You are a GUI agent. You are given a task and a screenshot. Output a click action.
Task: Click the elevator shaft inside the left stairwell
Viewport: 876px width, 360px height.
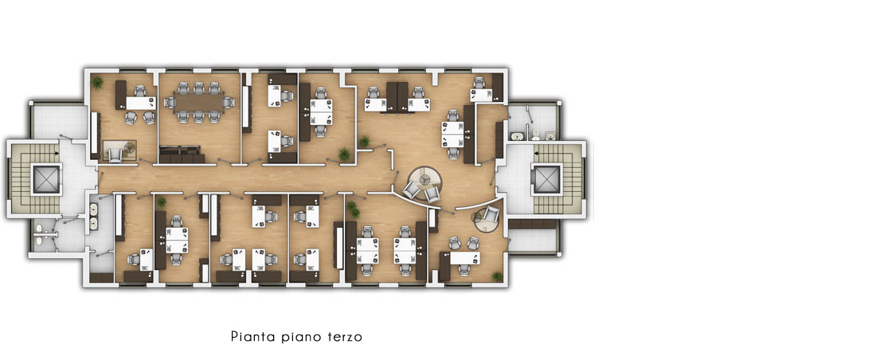pyautogui.click(x=46, y=179)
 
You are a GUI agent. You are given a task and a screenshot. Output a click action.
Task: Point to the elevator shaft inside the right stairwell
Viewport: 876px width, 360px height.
pyautogui.click(x=546, y=179)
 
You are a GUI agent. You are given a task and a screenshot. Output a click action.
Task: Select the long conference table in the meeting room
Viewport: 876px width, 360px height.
pyautogui.click(x=198, y=102)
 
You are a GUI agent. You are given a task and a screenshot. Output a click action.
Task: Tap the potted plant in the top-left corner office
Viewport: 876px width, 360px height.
pyautogui.click(x=98, y=83)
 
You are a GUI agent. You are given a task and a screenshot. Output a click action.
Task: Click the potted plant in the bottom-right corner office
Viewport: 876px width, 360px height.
pyautogui.click(x=496, y=276)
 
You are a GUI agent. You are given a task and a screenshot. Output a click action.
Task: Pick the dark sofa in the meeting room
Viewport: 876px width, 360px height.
pyautogui.click(x=180, y=154)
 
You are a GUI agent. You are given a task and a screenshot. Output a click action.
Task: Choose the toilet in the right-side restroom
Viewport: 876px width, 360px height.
pyautogui.click(x=535, y=134)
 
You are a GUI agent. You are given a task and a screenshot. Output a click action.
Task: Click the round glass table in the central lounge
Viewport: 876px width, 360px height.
pyautogui.click(x=424, y=178)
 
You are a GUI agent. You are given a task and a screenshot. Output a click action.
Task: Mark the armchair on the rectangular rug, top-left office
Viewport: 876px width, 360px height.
pyautogui.click(x=115, y=155)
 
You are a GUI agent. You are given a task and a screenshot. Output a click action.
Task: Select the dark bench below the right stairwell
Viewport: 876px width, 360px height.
pyautogui.click(x=533, y=224)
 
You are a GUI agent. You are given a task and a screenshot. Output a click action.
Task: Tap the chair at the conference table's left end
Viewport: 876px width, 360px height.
pyautogui.click(x=170, y=102)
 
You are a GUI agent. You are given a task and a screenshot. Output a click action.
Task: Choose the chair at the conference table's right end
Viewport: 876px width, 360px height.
pyautogui.click(x=228, y=102)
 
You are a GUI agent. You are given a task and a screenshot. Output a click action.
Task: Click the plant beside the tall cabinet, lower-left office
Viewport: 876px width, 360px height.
pyautogui.click(x=162, y=202)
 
